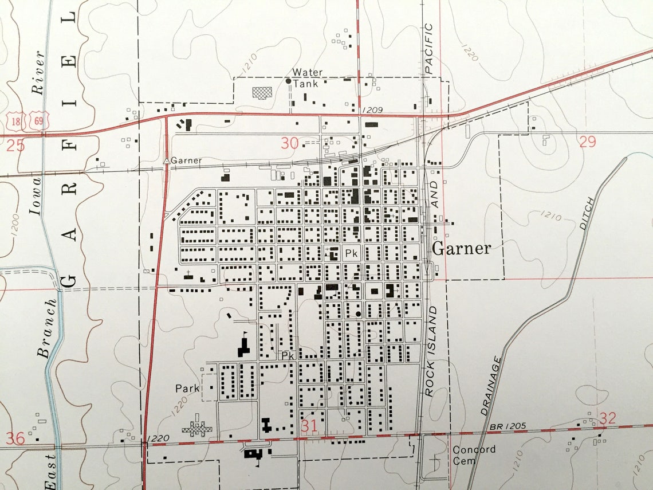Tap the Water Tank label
pyautogui.click(x=308, y=78)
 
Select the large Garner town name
pyautogui.click(x=461, y=248)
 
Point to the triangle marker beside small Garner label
pyautogui.click(x=166, y=161)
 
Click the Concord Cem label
pyautogui.click(x=474, y=454)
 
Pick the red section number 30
pyautogui.click(x=290, y=143)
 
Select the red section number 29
pyautogui.click(x=587, y=142)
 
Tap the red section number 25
pyautogui.click(x=15, y=146)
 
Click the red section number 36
pyautogui.click(x=15, y=438)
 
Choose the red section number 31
pyautogui.click(x=309, y=426)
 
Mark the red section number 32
pyautogui.click(x=607, y=418)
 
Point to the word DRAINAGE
pyautogui.click(x=492, y=386)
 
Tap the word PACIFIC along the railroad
pyautogui.click(x=430, y=49)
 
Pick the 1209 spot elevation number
pyautogui.click(x=372, y=109)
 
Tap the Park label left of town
pyautogui.click(x=187, y=389)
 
